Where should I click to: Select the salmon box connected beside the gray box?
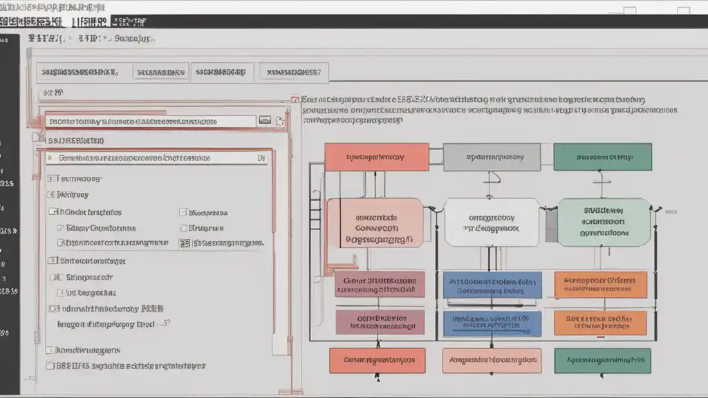point(376,157)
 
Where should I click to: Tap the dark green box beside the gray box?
point(602,157)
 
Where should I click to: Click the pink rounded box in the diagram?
point(375,222)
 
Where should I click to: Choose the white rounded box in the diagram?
point(492,222)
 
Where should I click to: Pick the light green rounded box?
point(604,222)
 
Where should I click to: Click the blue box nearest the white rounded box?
point(492,285)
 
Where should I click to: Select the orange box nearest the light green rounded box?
point(600,285)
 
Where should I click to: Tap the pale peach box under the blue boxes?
point(492,360)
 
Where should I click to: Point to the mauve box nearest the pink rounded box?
point(380,284)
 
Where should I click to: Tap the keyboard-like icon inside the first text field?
point(264,121)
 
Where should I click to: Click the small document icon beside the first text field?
point(280,122)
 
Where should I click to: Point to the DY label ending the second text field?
point(261,158)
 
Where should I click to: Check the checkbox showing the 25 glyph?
point(185,243)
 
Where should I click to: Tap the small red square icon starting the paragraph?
point(295,99)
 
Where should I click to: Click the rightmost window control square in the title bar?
point(683,11)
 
